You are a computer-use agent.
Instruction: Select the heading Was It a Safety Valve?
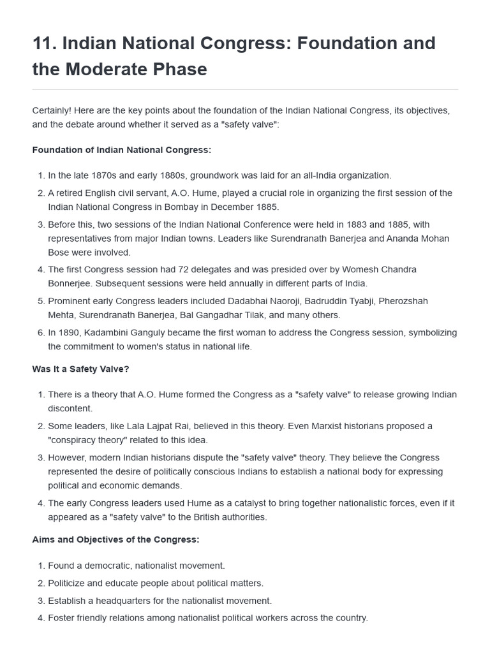tap(81, 369)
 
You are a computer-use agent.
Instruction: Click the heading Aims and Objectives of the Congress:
tap(115, 539)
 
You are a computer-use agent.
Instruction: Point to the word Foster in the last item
tap(61, 617)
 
